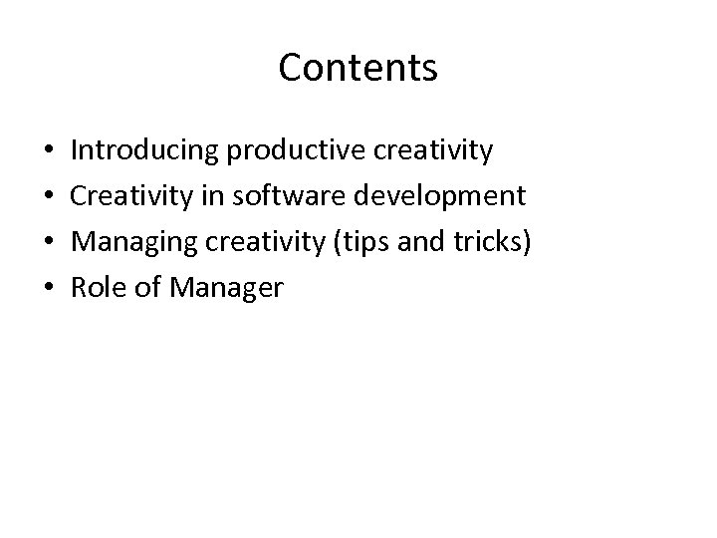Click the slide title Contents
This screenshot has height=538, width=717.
coord(358,68)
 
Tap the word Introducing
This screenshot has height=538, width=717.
coord(145,151)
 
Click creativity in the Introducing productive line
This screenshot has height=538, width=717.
coord(434,151)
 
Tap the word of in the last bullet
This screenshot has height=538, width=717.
coord(149,289)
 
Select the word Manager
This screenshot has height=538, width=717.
coord(227,289)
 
